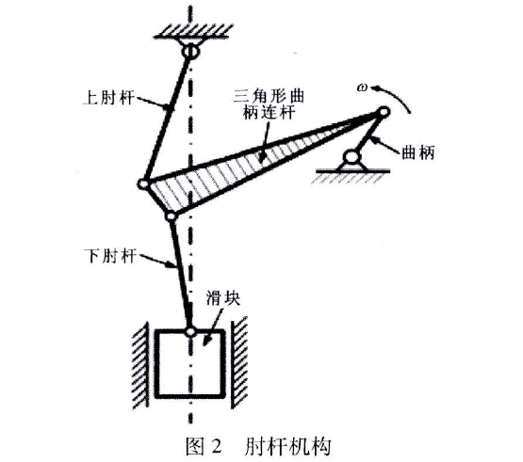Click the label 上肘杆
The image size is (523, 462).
tap(109, 98)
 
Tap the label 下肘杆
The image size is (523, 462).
tap(111, 256)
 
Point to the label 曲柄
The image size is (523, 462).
tap(418, 153)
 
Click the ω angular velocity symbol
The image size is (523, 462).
tap(362, 88)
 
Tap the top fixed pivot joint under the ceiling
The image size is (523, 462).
tap(190, 52)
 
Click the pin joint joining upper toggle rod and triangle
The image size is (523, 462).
tap(143, 183)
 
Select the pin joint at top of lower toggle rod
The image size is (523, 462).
tap(171, 216)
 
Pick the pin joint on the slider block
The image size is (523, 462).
tap(190, 331)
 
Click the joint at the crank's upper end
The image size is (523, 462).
tap(384, 111)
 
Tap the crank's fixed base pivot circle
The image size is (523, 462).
tap(352, 156)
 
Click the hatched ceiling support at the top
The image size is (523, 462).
tap(193, 32)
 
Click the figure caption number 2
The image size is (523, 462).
tap(216, 446)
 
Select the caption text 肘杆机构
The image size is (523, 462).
tap(287, 446)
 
